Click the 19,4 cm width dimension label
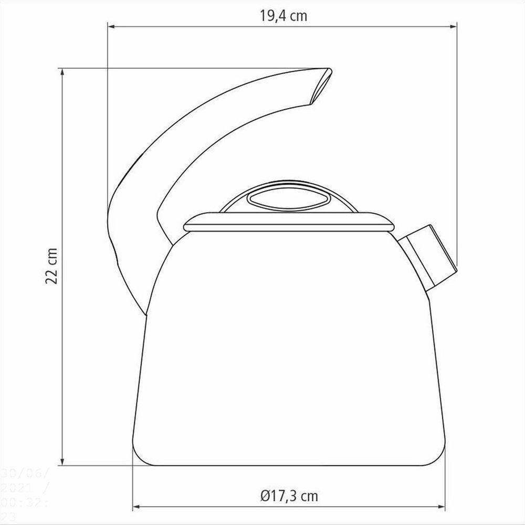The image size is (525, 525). (x=283, y=16)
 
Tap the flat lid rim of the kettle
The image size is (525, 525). (x=289, y=223)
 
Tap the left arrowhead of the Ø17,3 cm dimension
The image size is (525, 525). (x=135, y=507)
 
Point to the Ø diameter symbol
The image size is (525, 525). (x=264, y=495)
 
